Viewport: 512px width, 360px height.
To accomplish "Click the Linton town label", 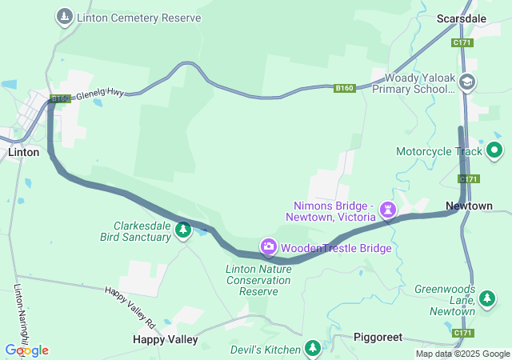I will tap(23, 152).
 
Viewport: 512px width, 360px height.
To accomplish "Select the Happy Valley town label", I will tap(165, 339).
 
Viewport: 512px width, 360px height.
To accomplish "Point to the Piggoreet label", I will tap(378, 337).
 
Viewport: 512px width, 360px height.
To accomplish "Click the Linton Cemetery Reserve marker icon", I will tap(64, 16).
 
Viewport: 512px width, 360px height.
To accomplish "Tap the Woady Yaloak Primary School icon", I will tap(467, 82).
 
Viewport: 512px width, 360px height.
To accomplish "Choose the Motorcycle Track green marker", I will tap(494, 150).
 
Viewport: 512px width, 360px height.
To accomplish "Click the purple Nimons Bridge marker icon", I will tap(388, 210).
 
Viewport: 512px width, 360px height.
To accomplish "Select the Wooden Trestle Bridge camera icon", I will tap(268, 246).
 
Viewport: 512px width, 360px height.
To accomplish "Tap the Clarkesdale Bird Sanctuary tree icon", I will tap(183, 230).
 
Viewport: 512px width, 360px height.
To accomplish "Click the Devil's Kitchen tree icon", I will tap(313, 348).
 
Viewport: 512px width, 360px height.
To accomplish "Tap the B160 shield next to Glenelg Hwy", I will tap(61, 98).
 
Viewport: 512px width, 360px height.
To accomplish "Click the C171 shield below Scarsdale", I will tap(462, 42).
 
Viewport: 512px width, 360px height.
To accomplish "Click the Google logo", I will tap(26, 350).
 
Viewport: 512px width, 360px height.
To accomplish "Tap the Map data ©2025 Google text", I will tap(462, 354).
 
